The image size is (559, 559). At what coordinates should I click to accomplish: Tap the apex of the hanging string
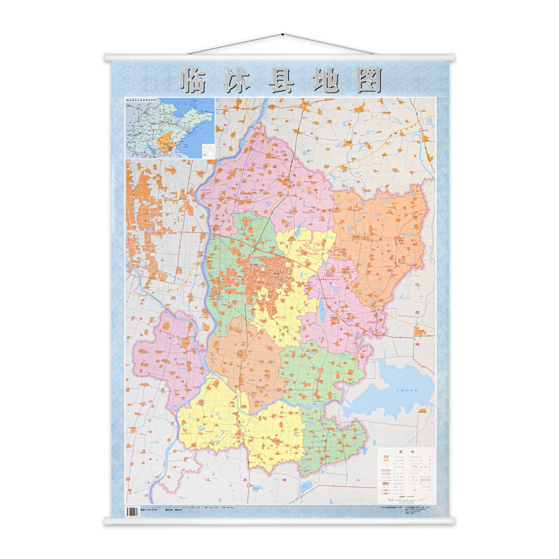click(x=282, y=34)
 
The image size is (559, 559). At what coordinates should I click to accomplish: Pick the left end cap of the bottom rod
click(x=107, y=521)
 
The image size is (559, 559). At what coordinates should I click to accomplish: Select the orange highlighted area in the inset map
click(x=166, y=144)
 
